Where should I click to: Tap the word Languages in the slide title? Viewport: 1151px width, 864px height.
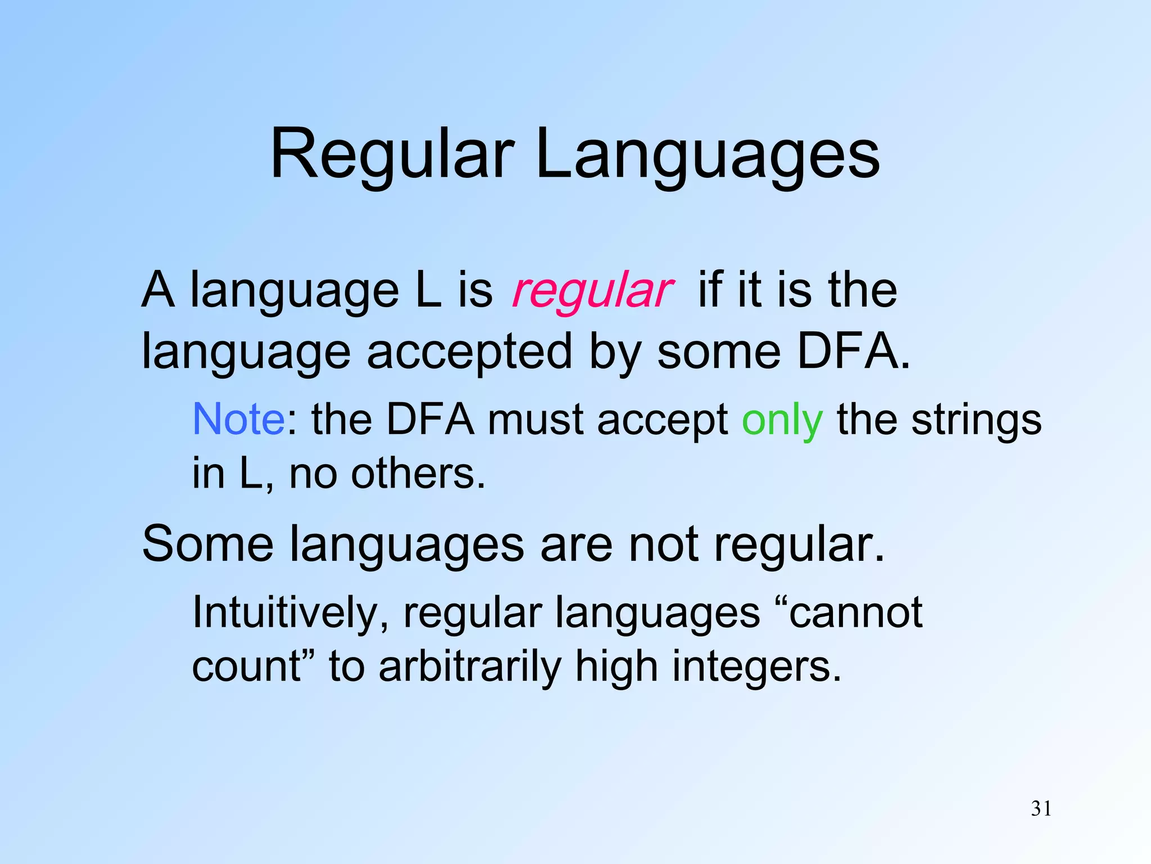point(707,155)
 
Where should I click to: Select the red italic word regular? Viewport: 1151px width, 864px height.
point(592,291)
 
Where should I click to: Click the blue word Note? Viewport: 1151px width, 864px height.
point(238,420)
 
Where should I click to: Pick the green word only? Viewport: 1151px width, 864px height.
point(782,422)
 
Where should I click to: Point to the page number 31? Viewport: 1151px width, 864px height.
point(1041,808)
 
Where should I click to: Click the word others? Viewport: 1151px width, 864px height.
point(418,474)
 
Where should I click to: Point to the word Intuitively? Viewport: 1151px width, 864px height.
point(290,613)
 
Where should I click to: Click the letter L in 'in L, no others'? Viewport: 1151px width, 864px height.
point(250,474)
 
